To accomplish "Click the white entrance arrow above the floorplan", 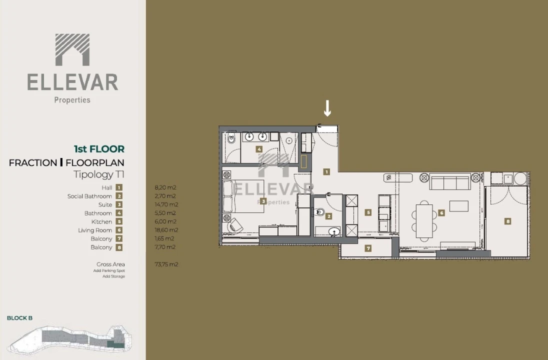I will click(327, 108).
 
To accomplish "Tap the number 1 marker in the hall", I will click(326, 172).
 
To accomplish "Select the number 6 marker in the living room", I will click(441, 213).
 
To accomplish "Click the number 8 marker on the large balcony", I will click(508, 221).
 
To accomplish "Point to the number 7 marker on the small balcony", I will click(368, 248).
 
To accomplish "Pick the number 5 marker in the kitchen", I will click(368, 212).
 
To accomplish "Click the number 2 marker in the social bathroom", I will click(328, 216).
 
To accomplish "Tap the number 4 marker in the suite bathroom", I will click(259, 149).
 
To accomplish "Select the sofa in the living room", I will click(450, 182).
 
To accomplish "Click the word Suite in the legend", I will click(105, 204).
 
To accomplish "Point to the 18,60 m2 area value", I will click(165, 230).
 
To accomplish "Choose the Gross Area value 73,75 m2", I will click(166, 264).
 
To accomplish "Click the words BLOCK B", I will click(19, 318).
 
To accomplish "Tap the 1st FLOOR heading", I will click(99, 149).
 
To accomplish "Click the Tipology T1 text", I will click(98, 174).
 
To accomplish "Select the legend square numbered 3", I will click(119, 204).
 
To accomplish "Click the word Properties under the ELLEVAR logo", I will click(72, 100).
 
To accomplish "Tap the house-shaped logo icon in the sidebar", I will click(72, 50).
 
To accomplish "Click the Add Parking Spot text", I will click(109, 270).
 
